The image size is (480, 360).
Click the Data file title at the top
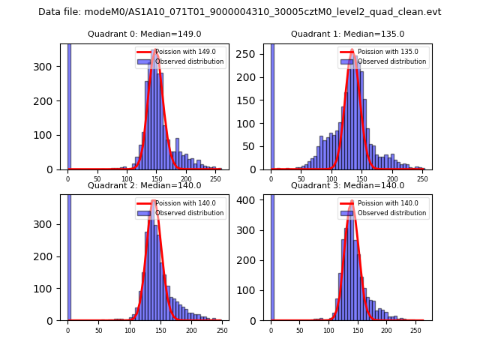tap(240, 12)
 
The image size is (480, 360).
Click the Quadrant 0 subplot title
tap(144, 34)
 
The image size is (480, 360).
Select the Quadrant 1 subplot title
tap(347, 34)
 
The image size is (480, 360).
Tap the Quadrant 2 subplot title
tap(144, 185)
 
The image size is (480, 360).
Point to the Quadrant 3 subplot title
tap(347, 185)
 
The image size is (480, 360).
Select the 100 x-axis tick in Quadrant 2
tap(130, 330)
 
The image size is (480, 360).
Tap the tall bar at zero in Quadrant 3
tap(271, 255)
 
